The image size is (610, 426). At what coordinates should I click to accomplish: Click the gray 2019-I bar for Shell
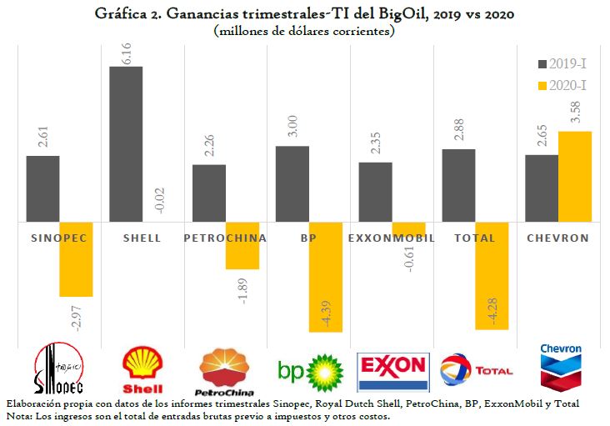pos(126,144)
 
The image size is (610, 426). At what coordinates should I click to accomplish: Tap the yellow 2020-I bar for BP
pos(325,277)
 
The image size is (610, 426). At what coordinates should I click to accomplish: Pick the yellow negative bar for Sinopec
pos(76,259)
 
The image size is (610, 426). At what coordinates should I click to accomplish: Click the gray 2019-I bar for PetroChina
pos(209,193)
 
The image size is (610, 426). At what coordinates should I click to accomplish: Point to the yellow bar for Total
pos(492,276)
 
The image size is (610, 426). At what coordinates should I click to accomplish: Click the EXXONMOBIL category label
pos(392,238)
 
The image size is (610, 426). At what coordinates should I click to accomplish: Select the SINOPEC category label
pos(58,238)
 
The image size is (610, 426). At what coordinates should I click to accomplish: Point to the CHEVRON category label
pos(558,238)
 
